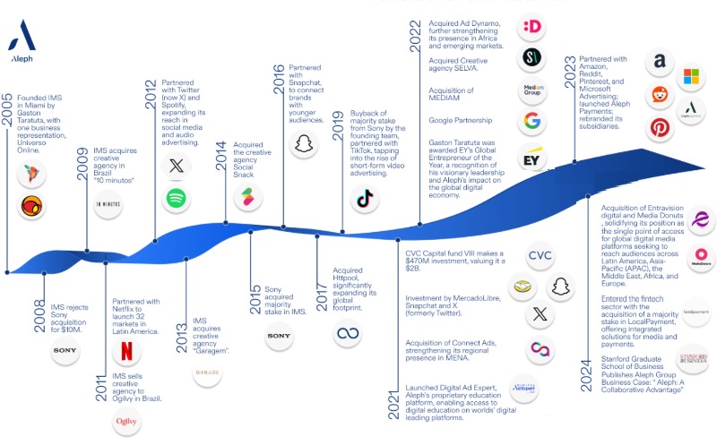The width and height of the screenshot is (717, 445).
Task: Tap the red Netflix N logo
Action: point(126,353)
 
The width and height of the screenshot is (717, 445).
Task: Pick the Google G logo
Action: point(532,122)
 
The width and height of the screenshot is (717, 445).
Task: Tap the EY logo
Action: point(532,160)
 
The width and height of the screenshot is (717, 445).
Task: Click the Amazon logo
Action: point(660,62)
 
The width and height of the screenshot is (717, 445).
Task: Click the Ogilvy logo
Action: point(126,420)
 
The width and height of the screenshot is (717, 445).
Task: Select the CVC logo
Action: point(539,255)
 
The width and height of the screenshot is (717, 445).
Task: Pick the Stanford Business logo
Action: point(695,358)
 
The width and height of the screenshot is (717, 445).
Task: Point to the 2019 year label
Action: point(338,126)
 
